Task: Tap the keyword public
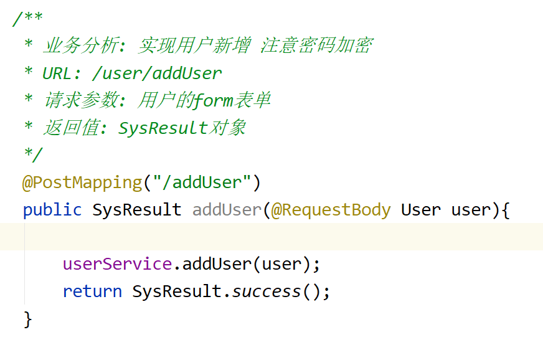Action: coord(52,210)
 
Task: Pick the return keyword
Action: coord(92,291)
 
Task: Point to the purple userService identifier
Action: coord(117,264)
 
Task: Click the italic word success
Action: coord(267,291)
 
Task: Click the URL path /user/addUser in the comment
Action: coord(156,73)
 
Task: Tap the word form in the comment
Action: coord(214,100)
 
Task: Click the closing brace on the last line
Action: coord(27,319)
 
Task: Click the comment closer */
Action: coord(32,155)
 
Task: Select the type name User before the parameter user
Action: coord(421,210)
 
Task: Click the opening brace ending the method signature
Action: coord(505,210)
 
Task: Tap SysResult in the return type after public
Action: coord(137,210)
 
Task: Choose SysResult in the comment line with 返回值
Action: coord(163,128)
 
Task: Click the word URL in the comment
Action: coord(57,73)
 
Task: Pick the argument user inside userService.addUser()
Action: coord(281,264)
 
